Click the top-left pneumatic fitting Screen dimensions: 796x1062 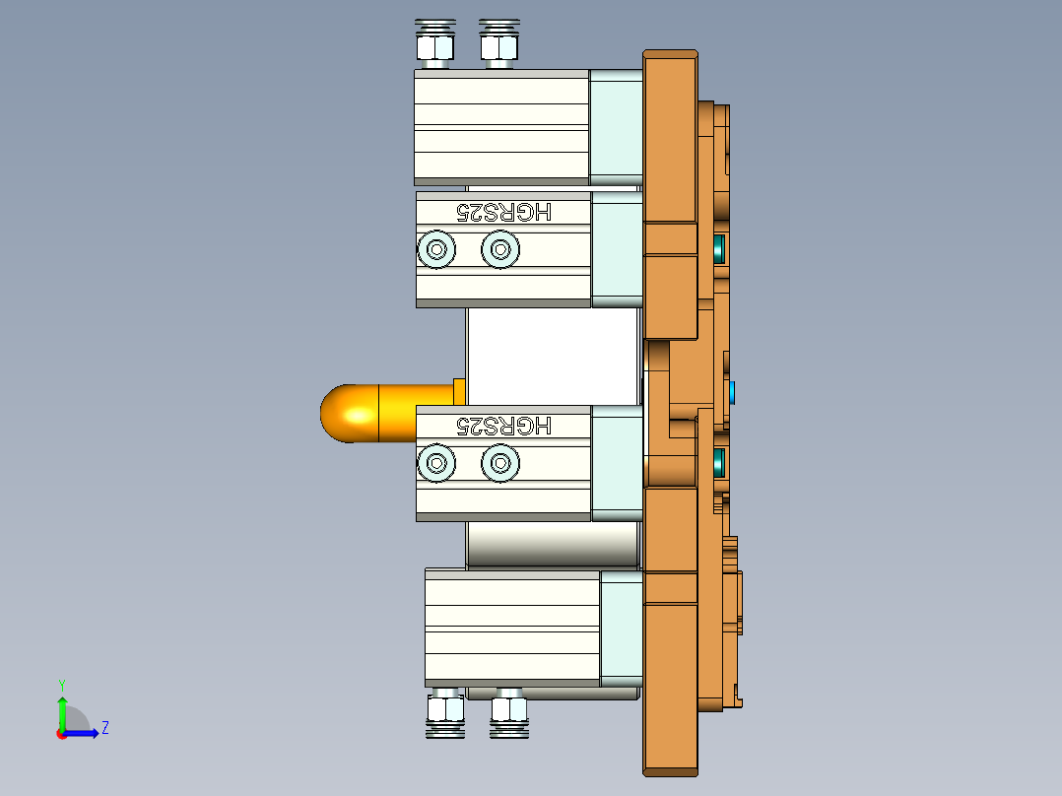tap(434, 44)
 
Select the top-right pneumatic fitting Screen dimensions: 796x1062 tap(498, 44)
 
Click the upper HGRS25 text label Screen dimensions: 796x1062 tap(504, 211)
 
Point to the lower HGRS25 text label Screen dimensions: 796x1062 tap(504, 426)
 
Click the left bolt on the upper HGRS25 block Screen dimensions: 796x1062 tap(435, 249)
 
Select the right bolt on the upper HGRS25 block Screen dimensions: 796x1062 tap(499, 249)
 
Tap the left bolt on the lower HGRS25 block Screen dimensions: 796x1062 tap(435, 462)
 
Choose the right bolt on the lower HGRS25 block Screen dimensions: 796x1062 tap(499, 462)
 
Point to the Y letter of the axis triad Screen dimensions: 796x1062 tap(61, 684)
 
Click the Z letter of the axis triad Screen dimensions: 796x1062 tap(104, 728)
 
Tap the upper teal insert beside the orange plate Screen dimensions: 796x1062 tap(718, 247)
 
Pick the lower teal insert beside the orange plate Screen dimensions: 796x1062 tap(718, 460)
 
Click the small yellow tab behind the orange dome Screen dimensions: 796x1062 tap(458, 390)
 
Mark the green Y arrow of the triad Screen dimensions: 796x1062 tap(61, 709)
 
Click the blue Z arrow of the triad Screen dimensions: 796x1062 tap(83, 733)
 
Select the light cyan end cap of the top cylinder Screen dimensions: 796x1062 tap(615, 126)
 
